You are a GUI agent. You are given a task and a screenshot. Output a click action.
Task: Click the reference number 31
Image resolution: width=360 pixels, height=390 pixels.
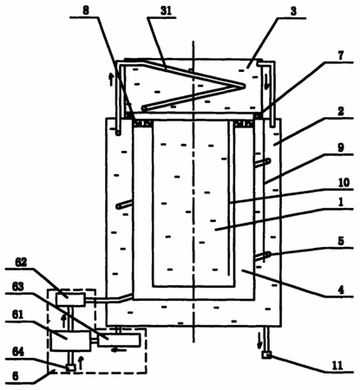166,11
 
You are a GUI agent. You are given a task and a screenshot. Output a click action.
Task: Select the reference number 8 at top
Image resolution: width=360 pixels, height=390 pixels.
86,10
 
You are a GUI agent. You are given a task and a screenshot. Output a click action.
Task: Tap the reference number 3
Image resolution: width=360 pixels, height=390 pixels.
293,11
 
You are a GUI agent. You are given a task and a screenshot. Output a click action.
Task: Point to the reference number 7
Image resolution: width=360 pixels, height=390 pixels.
341,55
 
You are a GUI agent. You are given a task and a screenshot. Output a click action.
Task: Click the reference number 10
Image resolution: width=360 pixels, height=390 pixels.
344,182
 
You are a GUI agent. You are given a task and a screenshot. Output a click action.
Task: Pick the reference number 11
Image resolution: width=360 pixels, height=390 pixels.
337,365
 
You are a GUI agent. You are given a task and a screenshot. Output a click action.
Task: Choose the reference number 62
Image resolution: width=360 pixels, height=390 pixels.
21,263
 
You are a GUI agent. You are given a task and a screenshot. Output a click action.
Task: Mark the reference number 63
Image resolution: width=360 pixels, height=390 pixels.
18,287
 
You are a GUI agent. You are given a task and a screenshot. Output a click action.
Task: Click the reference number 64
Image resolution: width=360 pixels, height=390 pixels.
18,352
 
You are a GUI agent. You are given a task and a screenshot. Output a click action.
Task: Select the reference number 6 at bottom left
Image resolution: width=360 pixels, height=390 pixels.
15,376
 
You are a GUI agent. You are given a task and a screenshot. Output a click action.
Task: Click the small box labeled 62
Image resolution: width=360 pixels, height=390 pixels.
71,300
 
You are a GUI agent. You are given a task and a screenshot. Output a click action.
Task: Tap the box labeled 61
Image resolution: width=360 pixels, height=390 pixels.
70,341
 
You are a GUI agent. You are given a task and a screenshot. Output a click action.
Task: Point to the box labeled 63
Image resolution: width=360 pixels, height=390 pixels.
119,340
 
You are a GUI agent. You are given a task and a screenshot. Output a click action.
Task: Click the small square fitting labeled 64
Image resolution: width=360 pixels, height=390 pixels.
70,367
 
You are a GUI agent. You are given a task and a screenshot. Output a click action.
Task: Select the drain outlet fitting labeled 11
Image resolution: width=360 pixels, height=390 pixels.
266,355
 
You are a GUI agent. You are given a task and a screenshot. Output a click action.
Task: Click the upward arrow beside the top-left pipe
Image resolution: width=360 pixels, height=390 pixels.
111,79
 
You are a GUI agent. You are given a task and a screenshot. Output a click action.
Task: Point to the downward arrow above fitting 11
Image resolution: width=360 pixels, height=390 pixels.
260,341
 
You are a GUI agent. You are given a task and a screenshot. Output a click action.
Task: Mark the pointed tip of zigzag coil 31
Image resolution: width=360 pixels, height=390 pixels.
245,86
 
